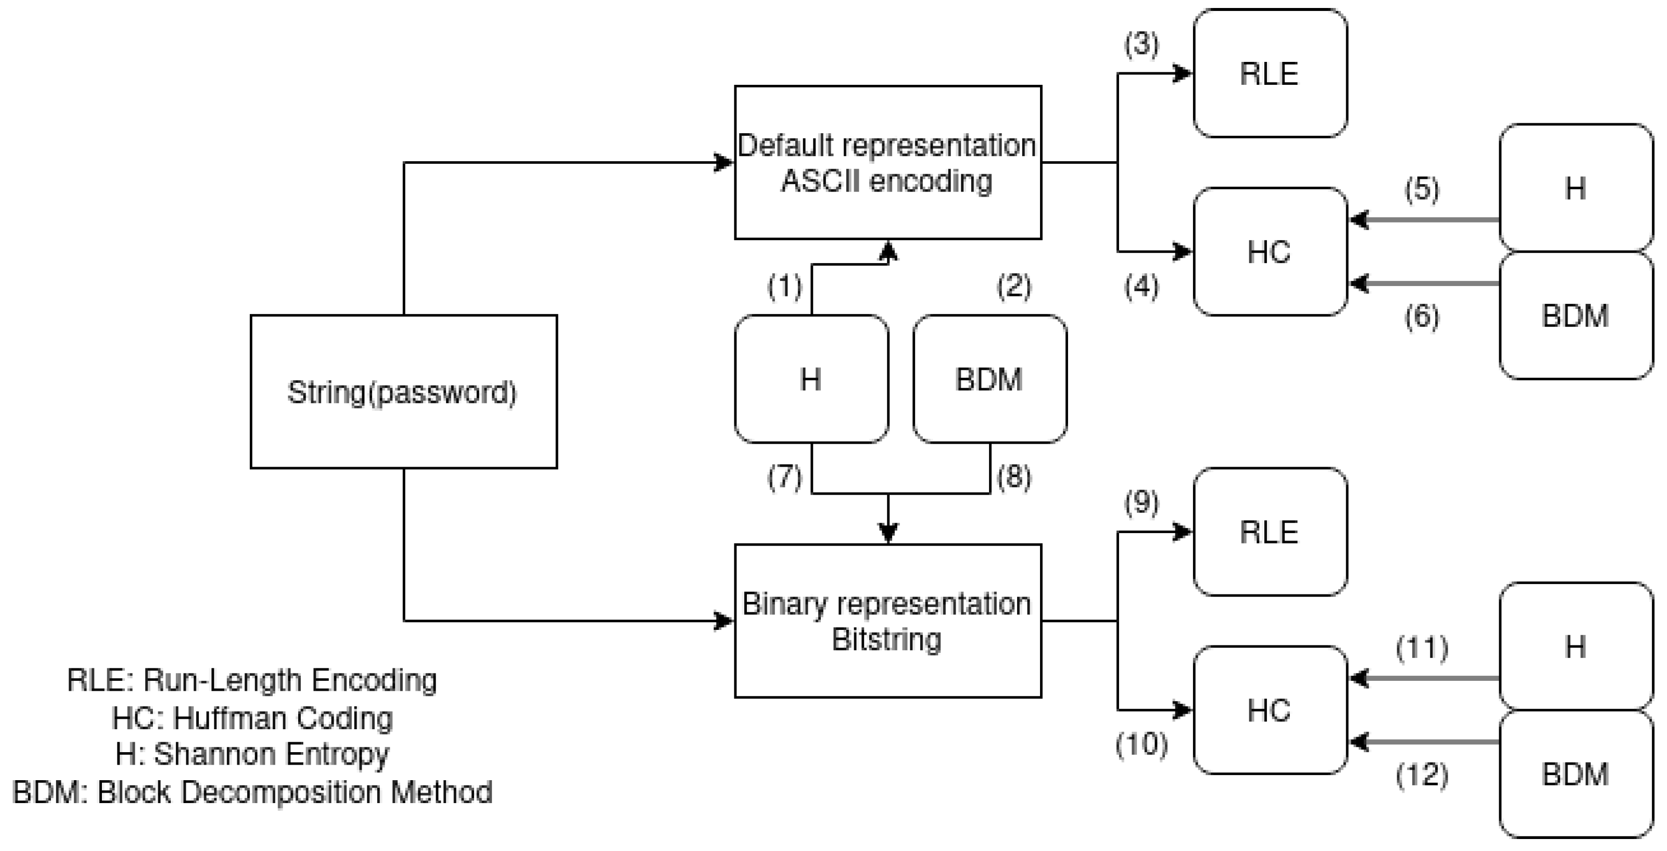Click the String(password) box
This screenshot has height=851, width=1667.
tap(403, 391)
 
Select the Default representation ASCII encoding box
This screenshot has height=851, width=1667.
tap(887, 162)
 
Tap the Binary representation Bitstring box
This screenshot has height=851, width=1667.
tap(887, 621)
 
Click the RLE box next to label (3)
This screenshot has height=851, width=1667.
tap(1270, 73)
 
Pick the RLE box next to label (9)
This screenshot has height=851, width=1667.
tap(1270, 532)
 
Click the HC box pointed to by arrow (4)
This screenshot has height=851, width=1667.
tap(1270, 252)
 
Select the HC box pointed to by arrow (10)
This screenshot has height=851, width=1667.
tap(1270, 710)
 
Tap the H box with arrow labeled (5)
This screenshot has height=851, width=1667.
tap(1575, 188)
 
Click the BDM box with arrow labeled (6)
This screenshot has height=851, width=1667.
tap(1575, 315)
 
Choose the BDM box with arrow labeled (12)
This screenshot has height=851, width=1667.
tap(1575, 774)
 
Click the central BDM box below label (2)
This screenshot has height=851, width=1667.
tap(990, 379)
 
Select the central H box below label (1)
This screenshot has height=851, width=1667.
tap(811, 379)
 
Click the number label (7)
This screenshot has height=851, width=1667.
tap(784, 477)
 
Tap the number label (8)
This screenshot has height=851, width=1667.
tap(1014, 477)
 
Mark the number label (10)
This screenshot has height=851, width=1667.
tap(1141, 744)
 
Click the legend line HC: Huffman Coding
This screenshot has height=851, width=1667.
tap(252, 718)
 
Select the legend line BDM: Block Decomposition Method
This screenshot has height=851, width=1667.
tap(252, 792)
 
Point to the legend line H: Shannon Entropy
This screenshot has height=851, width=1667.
tap(252, 754)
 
